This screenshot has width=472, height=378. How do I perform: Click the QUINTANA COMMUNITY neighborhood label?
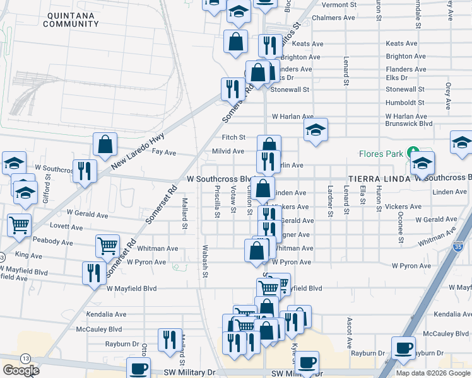[x=71, y=19]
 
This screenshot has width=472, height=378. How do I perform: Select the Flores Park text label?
[x=381, y=154]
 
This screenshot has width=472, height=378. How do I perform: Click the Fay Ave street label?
[x=164, y=152]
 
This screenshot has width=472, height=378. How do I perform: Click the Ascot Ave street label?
[x=349, y=333]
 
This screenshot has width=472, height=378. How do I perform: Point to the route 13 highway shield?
[x=24, y=358]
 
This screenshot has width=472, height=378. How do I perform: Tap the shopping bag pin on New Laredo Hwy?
[x=105, y=144]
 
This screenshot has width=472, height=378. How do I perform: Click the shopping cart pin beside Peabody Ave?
[x=108, y=246]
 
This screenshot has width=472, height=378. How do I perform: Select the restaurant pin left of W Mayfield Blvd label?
[x=92, y=273]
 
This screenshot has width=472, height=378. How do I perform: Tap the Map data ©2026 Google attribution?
[x=432, y=372]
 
